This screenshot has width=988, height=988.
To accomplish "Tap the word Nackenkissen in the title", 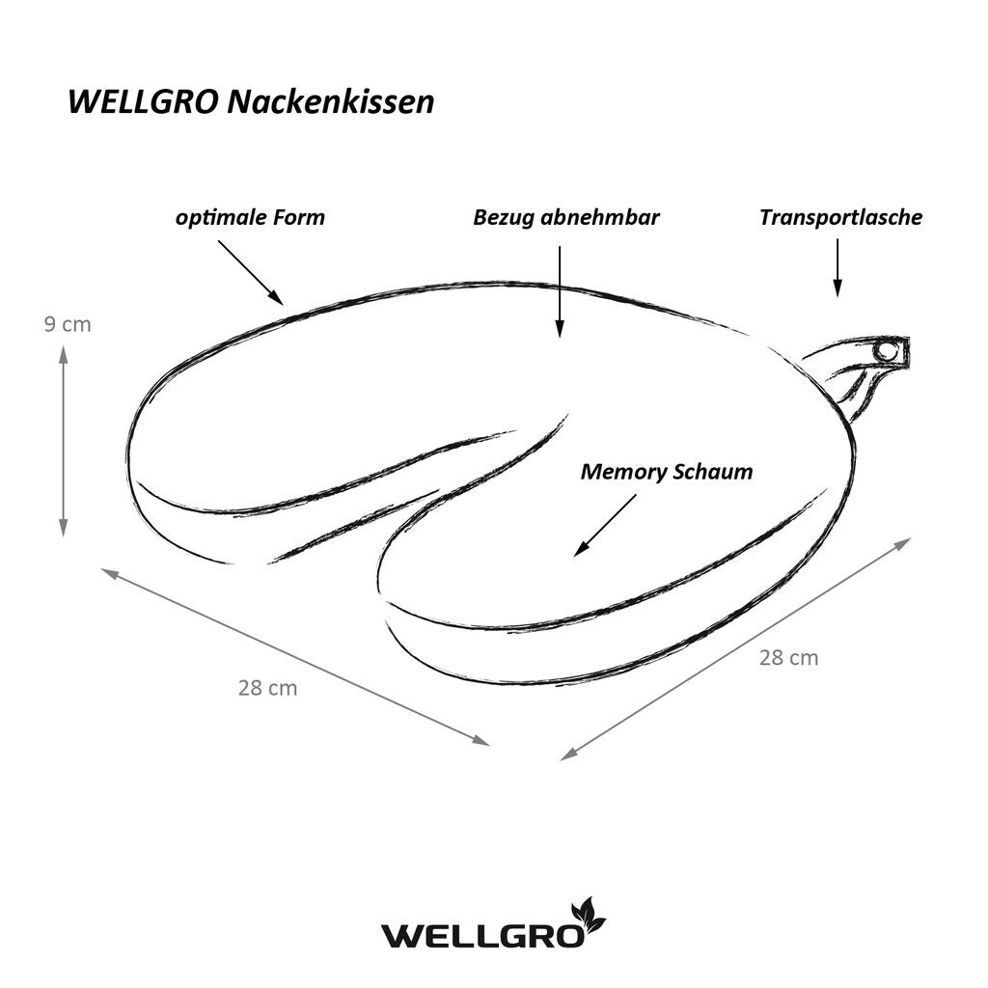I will tap(330, 102).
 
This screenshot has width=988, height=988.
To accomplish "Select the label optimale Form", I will tap(250, 217).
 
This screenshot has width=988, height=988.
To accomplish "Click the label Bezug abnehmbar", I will tap(565, 217).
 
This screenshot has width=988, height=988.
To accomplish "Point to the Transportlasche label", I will tap(839, 217).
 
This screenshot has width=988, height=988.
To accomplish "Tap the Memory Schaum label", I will tap(666, 472).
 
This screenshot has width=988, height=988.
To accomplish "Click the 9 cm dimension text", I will tap(68, 324).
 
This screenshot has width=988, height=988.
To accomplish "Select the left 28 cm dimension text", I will tap(267, 688).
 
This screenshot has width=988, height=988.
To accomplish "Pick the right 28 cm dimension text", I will tap(788, 658).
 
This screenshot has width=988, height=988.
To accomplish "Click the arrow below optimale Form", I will tap(250, 271).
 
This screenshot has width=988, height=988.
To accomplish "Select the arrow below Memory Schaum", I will tap(606, 525).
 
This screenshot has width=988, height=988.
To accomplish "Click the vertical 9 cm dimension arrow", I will tap(64, 441).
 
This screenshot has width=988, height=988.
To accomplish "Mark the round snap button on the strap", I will tap(884, 352).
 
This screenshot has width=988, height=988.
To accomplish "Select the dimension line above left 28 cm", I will tap(294, 656).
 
